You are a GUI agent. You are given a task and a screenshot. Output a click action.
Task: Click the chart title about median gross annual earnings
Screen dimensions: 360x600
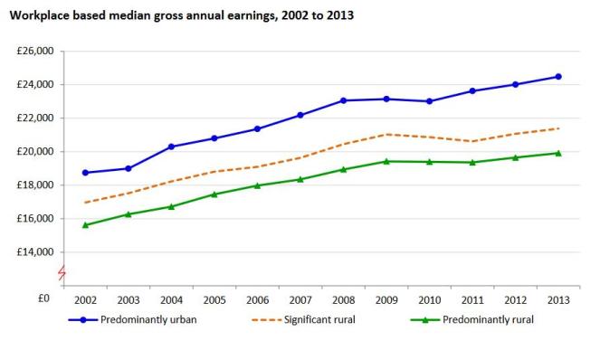[x=181, y=15]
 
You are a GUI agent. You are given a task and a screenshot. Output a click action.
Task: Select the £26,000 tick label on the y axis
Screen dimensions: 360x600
[x=35, y=52]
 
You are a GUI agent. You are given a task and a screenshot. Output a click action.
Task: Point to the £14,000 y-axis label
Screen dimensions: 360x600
[x=35, y=251]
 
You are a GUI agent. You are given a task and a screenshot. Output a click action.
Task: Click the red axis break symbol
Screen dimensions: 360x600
[x=62, y=271]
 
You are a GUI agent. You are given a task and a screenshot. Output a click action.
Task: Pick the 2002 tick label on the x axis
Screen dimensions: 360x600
[x=86, y=299]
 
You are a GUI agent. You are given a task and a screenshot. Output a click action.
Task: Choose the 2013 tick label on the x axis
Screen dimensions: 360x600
[x=557, y=299]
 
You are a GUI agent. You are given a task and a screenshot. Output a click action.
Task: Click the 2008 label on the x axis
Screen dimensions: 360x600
[x=343, y=299]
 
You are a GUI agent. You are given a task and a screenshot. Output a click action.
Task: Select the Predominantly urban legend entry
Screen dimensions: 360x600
[x=140, y=319]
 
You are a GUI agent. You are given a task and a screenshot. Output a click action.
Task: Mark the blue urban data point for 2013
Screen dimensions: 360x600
[x=557, y=77]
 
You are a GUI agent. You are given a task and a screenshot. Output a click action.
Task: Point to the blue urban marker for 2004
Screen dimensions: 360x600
[x=172, y=147]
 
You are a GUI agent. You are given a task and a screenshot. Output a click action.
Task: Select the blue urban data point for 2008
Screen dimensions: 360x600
[x=343, y=100]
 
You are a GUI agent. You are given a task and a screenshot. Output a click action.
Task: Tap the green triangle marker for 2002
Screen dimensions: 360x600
[x=86, y=224]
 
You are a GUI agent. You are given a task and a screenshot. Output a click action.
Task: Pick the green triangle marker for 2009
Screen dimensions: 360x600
[x=386, y=161]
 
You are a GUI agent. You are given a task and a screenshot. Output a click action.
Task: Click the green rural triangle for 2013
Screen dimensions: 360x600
[x=557, y=153]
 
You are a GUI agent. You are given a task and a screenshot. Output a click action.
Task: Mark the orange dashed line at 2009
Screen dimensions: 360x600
[x=386, y=134]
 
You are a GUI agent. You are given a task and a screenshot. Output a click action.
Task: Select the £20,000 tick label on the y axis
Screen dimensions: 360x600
[x=35, y=152]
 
